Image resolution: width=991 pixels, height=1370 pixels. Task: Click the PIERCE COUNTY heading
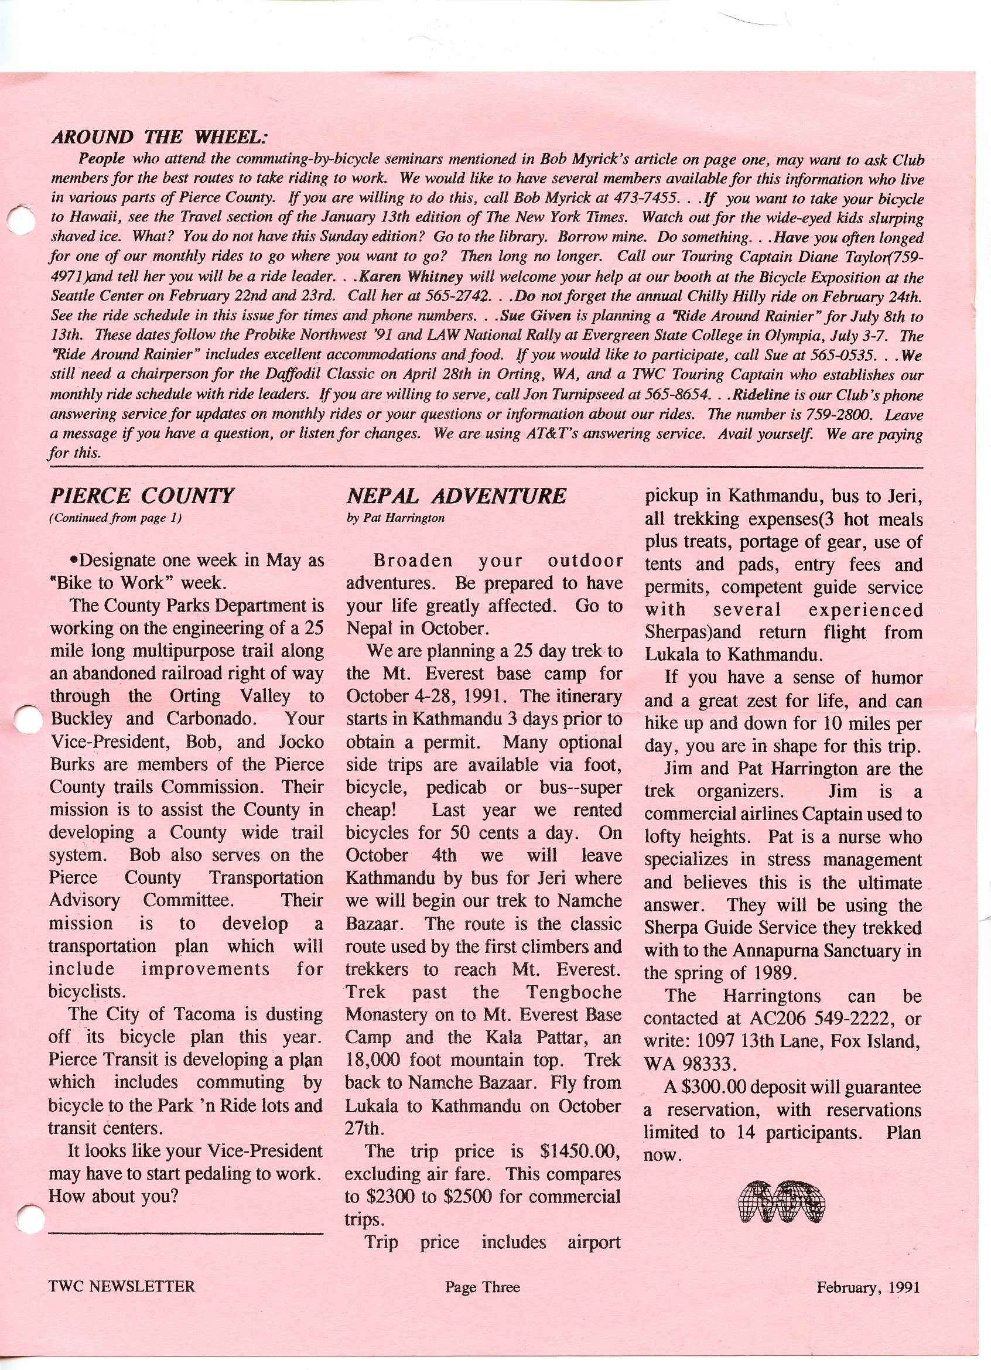(141, 497)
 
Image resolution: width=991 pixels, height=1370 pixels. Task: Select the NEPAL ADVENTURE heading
(456, 497)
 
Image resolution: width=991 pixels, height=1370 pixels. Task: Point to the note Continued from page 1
(115, 518)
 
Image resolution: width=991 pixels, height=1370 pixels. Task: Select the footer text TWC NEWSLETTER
(122, 1287)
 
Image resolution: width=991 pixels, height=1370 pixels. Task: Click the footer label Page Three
(482, 1287)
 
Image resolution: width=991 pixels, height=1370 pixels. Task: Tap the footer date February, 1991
(868, 1287)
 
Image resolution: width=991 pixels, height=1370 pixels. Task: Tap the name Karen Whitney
(411, 277)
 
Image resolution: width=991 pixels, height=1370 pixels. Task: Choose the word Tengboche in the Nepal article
(573, 992)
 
